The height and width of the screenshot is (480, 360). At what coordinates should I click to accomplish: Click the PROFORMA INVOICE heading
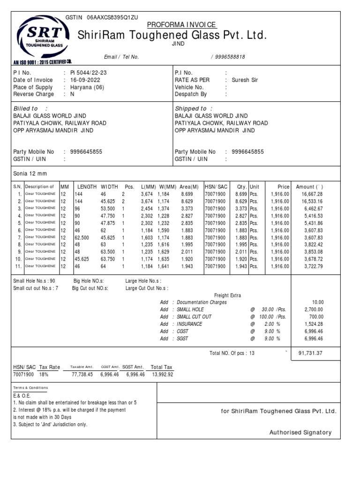tap(182, 25)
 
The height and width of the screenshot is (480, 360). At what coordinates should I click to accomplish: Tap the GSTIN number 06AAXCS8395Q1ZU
tap(112, 17)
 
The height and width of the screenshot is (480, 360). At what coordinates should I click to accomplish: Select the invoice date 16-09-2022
tap(86, 80)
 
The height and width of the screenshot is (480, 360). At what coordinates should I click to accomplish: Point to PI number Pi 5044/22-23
tap(88, 73)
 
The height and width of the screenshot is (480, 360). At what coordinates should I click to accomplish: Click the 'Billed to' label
tap(25, 108)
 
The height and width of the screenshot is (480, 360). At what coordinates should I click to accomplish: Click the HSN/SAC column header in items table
tap(216, 187)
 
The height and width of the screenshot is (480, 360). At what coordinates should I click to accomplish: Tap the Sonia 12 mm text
tap(30, 173)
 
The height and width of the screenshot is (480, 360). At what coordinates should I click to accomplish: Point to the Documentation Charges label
tap(202, 302)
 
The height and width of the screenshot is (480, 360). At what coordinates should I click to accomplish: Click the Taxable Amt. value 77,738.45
tap(82, 375)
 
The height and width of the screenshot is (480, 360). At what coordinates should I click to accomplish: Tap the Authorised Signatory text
tap(300, 433)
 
